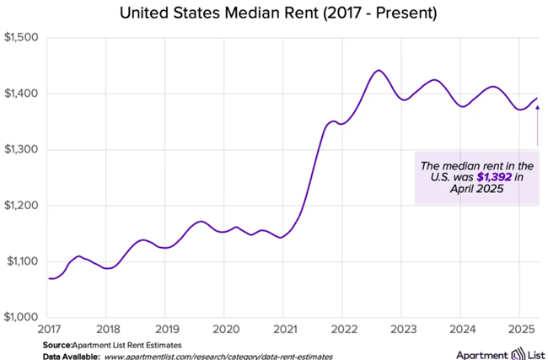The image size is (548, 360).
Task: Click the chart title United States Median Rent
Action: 273,13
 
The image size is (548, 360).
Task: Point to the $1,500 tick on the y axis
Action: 20,38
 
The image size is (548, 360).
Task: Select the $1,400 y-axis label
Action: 20,94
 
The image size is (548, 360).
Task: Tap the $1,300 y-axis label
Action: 20,150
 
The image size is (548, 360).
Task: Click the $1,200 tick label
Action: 20,206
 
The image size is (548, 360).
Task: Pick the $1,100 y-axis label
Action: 20,261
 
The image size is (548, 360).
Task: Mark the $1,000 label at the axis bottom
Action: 20,317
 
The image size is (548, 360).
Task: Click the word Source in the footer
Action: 56,346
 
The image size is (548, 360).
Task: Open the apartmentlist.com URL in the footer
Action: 218,357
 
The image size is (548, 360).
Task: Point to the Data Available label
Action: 70,357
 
